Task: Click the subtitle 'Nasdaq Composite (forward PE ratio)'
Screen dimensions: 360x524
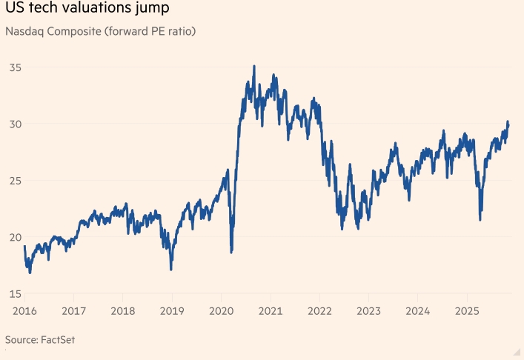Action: coord(100,32)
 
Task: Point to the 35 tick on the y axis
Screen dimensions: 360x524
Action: coord(15,67)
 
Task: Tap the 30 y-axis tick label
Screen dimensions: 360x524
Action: coord(15,124)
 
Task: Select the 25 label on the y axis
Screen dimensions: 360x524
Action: coord(15,181)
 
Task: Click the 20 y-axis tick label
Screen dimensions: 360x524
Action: coord(15,237)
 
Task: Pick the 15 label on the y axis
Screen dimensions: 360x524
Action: coord(15,294)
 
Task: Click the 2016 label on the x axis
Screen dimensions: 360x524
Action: coord(24,310)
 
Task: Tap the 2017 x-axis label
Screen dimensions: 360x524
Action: coord(73,310)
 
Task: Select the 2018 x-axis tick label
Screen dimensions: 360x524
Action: coord(123,310)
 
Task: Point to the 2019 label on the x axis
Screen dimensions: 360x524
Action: coord(172,310)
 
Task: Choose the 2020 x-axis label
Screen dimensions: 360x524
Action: coord(222,310)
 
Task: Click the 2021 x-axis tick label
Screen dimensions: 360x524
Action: coord(271,310)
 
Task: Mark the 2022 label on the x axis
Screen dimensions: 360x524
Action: coord(319,310)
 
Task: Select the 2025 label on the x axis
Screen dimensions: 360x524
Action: coord(467,310)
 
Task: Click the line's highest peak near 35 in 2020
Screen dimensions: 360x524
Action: coord(254,66)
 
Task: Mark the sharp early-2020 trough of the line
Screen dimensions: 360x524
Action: coord(231,252)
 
